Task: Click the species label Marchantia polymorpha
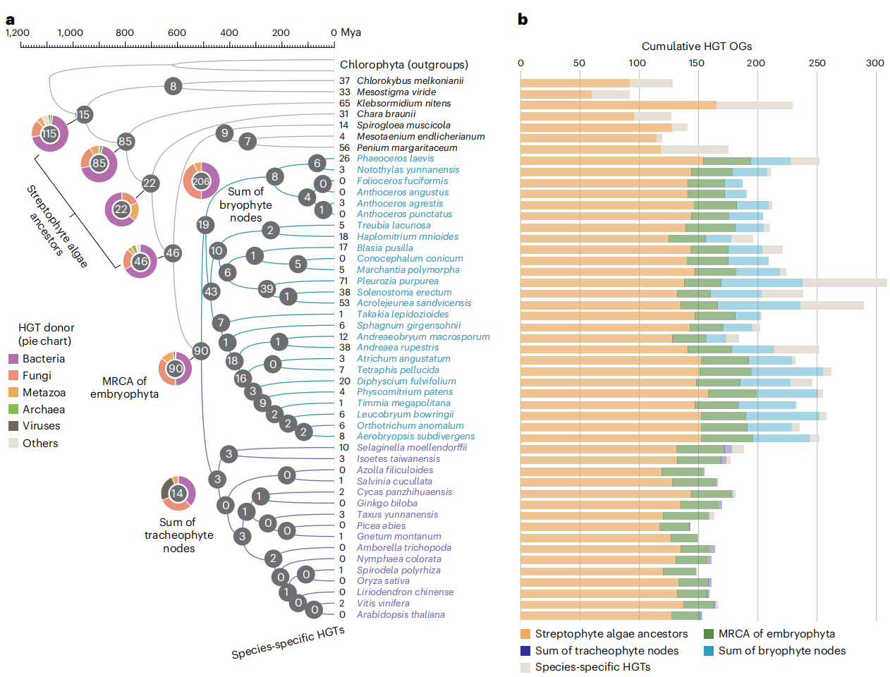tap(408, 270)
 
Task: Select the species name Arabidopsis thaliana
tap(401, 615)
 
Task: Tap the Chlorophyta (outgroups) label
tap(403, 65)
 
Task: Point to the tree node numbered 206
tap(201, 181)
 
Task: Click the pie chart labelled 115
tap(49, 133)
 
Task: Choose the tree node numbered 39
tap(267, 288)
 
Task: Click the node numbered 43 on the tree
tap(211, 291)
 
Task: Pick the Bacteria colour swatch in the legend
tap(13, 359)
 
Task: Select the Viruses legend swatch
tap(13, 426)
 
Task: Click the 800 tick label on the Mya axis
tap(124, 32)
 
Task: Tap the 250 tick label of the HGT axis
tap(817, 63)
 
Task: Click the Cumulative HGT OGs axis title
tap(696, 47)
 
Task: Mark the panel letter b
tap(523, 20)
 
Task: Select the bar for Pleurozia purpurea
tap(703, 283)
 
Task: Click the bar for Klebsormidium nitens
tap(656, 105)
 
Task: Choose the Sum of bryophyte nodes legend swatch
tap(709, 651)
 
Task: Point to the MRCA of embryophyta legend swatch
tap(709, 634)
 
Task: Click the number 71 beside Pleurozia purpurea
tap(344, 281)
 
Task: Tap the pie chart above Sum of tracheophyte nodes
tap(177, 494)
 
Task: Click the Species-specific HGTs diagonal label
tap(288, 642)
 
